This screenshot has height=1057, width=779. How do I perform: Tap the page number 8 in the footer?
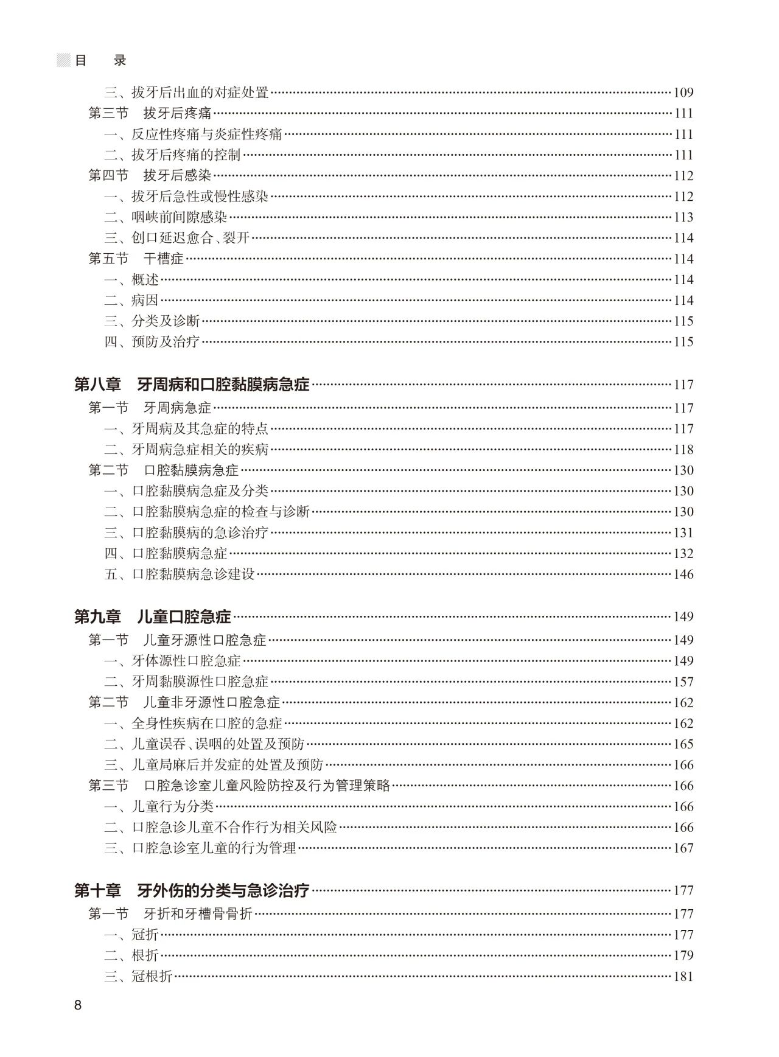[x=78, y=1005]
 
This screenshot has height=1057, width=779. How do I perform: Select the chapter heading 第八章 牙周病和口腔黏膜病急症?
[x=192, y=385]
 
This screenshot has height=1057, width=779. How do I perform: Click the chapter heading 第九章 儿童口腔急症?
[x=153, y=616]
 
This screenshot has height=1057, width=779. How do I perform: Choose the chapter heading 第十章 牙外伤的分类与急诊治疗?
[x=192, y=890]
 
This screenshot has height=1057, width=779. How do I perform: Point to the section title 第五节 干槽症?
[x=136, y=259]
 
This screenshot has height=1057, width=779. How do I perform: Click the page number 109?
[x=683, y=93]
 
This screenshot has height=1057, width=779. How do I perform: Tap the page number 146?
[x=683, y=574]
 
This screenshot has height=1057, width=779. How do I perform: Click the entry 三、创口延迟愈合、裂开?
[x=177, y=238]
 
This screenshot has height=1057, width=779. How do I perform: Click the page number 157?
[x=683, y=682]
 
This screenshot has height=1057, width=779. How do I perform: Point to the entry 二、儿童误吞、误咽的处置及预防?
[x=204, y=744]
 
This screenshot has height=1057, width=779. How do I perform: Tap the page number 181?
[x=683, y=977]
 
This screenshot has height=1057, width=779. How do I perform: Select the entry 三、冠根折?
[x=139, y=977]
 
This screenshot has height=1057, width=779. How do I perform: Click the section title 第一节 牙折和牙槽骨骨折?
[x=170, y=914]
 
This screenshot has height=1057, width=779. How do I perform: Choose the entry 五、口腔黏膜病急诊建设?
[x=180, y=574]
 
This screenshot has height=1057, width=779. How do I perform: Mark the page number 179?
[x=683, y=955]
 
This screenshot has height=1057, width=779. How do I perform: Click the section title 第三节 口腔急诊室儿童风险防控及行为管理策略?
[x=239, y=786]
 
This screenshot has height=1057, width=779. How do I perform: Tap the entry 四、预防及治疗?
[x=152, y=342]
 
